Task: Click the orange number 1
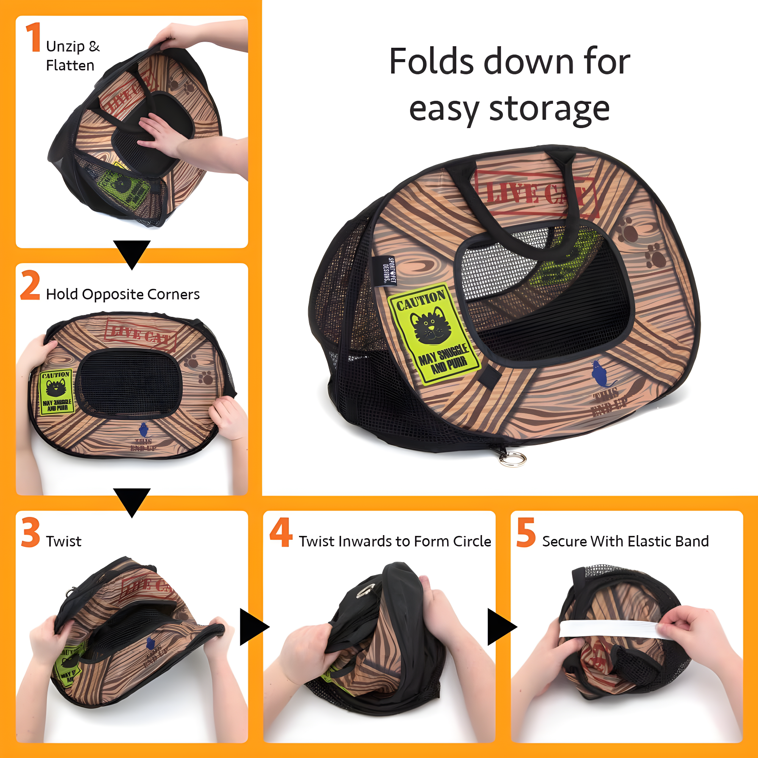click(34, 37)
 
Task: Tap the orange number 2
click(30, 285)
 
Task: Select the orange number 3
click(31, 532)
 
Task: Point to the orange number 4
click(281, 532)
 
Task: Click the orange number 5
click(526, 532)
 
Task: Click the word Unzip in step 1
click(65, 47)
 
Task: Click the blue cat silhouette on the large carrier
click(600, 375)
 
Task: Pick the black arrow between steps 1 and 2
click(132, 254)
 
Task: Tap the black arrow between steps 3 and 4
click(253, 627)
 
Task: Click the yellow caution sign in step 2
click(56, 392)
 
